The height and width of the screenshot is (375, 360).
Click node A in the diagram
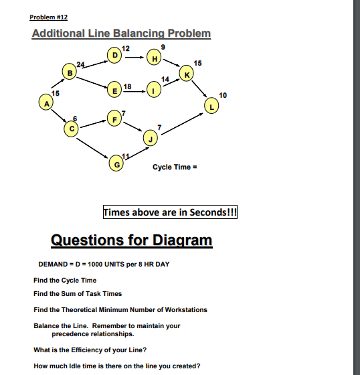point(46,104)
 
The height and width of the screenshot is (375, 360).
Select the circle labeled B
point(68,71)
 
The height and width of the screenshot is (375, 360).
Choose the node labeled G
point(118,162)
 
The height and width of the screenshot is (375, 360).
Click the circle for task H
point(155,60)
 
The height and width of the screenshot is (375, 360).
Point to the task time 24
point(80,63)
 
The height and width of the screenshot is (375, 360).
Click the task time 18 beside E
point(128,84)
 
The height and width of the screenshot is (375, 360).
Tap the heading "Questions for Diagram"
point(131,240)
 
